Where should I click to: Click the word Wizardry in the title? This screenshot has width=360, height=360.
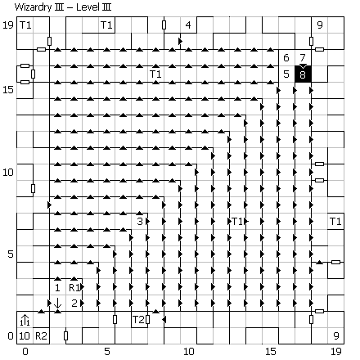point(33,7)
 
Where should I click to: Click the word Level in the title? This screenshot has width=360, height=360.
point(86,7)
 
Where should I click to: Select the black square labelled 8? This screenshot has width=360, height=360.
point(303,74)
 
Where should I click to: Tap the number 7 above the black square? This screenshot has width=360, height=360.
point(303,57)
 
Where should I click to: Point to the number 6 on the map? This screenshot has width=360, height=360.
point(286,57)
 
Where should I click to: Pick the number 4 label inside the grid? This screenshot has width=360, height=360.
point(188,25)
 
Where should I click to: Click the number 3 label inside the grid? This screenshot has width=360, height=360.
point(140,221)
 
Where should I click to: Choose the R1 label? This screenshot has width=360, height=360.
point(74,287)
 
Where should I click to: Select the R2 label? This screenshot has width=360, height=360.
point(41,336)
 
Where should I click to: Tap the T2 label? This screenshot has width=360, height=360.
point(138,319)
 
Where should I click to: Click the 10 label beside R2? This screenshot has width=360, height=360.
point(25,336)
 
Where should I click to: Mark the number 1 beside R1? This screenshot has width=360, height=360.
point(57,287)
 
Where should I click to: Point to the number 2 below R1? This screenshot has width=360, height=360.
point(74,303)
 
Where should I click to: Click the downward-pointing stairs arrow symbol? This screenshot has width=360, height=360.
point(57,303)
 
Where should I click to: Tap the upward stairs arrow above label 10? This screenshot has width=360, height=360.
point(25,320)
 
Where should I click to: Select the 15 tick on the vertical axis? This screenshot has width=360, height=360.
point(8,89)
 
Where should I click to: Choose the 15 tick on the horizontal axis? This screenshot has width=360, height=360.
point(271,351)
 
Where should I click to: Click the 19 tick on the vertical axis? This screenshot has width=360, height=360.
point(8,25)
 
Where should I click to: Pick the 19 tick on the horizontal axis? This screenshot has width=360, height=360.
point(336,351)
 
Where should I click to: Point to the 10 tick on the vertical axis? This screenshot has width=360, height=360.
point(8,172)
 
